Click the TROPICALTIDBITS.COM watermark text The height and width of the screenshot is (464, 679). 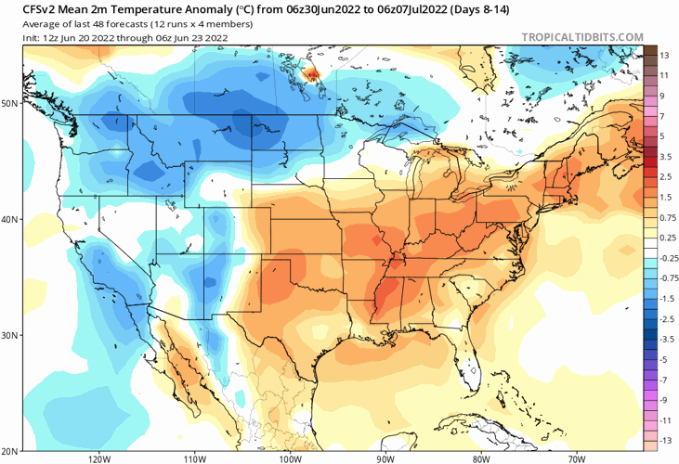tap(583, 37)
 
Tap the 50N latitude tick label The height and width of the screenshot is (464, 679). tap(10, 103)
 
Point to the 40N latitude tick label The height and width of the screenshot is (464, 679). tap(10, 219)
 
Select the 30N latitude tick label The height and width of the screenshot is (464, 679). tap(10, 335)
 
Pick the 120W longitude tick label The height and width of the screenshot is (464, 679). tap(99, 458)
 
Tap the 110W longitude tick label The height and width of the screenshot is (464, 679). tap(194, 458)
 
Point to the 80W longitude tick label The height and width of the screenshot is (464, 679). tap(480, 458)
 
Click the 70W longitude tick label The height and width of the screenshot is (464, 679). tap(576, 458)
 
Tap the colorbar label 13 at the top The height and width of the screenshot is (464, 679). tap(664, 56)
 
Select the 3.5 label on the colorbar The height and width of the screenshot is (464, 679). tap(665, 157)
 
